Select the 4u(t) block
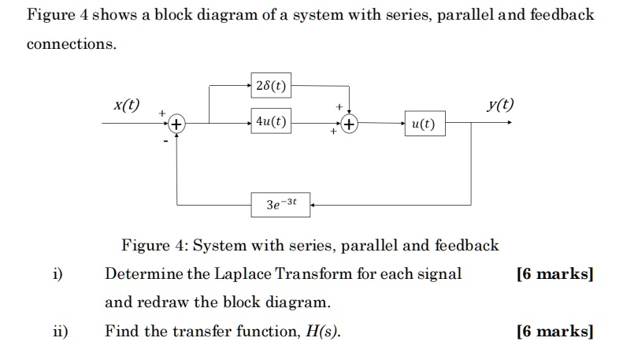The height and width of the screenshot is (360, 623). [272, 122]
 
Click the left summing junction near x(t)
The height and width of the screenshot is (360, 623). [176, 124]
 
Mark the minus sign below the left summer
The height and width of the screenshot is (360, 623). [166, 142]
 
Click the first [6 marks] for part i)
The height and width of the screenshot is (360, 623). [554, 274]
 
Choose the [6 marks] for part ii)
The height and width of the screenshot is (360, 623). [554, 332]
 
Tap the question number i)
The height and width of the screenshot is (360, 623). [57, 274]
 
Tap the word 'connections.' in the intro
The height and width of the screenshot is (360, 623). [72, 43]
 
